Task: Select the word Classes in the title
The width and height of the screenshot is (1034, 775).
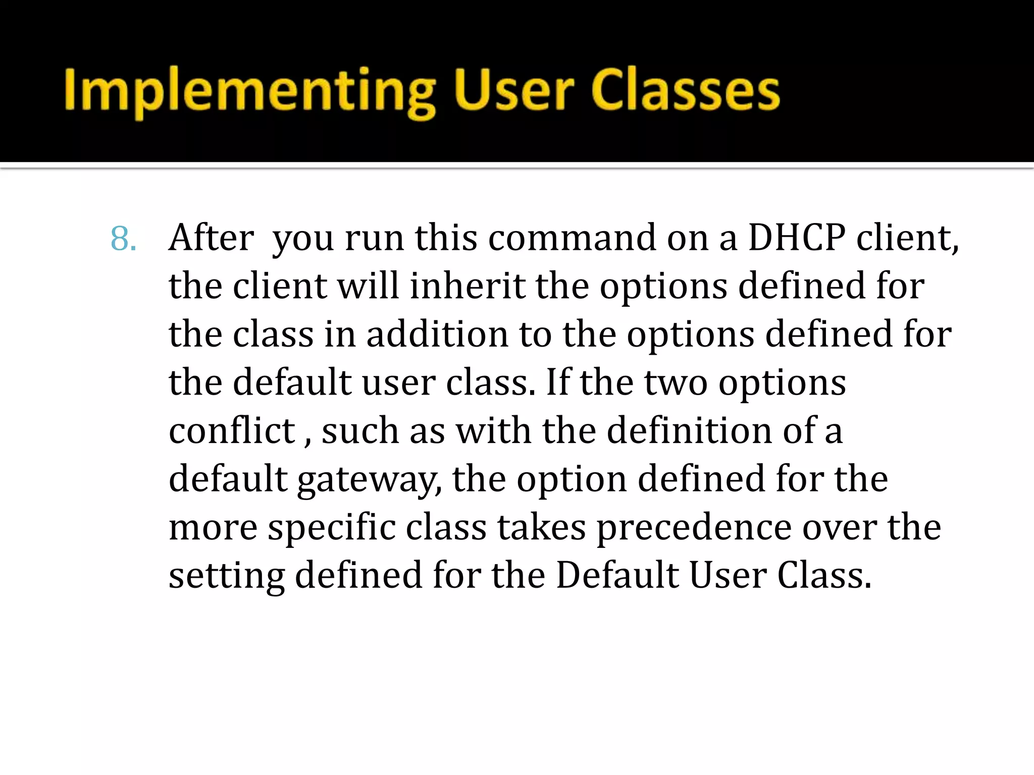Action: [686, 91]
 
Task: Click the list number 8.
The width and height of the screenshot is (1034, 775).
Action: [123, 239]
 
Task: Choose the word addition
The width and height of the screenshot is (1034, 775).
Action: [437, 334]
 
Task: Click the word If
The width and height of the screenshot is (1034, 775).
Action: [557, 382]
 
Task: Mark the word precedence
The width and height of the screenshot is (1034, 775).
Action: [694, 527]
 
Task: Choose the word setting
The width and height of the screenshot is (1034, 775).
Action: [226, 576]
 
